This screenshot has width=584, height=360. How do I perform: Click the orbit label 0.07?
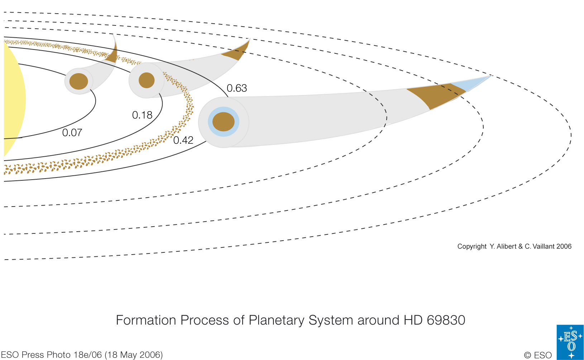(x=72, y=133)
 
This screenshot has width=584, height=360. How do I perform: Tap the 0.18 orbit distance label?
(x=142, y=115)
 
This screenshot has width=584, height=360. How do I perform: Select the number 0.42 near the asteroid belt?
(x=183, y=140)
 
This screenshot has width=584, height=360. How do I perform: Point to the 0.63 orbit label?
(x=237, y=88)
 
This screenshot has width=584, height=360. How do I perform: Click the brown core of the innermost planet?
(x=79, y=81)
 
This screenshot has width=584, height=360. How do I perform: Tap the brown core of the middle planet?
(x=147, y=80)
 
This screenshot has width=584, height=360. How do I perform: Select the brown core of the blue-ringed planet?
(x=224, y=122)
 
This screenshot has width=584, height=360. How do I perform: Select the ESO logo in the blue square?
(x=570, y=342)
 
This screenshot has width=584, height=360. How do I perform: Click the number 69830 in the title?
(x=446, y=320)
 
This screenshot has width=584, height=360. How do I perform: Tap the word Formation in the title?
(x=146, y=320)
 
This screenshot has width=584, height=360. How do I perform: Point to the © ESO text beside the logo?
(x=538, y=355)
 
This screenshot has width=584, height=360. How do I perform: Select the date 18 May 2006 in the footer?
(x=134, y=355)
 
